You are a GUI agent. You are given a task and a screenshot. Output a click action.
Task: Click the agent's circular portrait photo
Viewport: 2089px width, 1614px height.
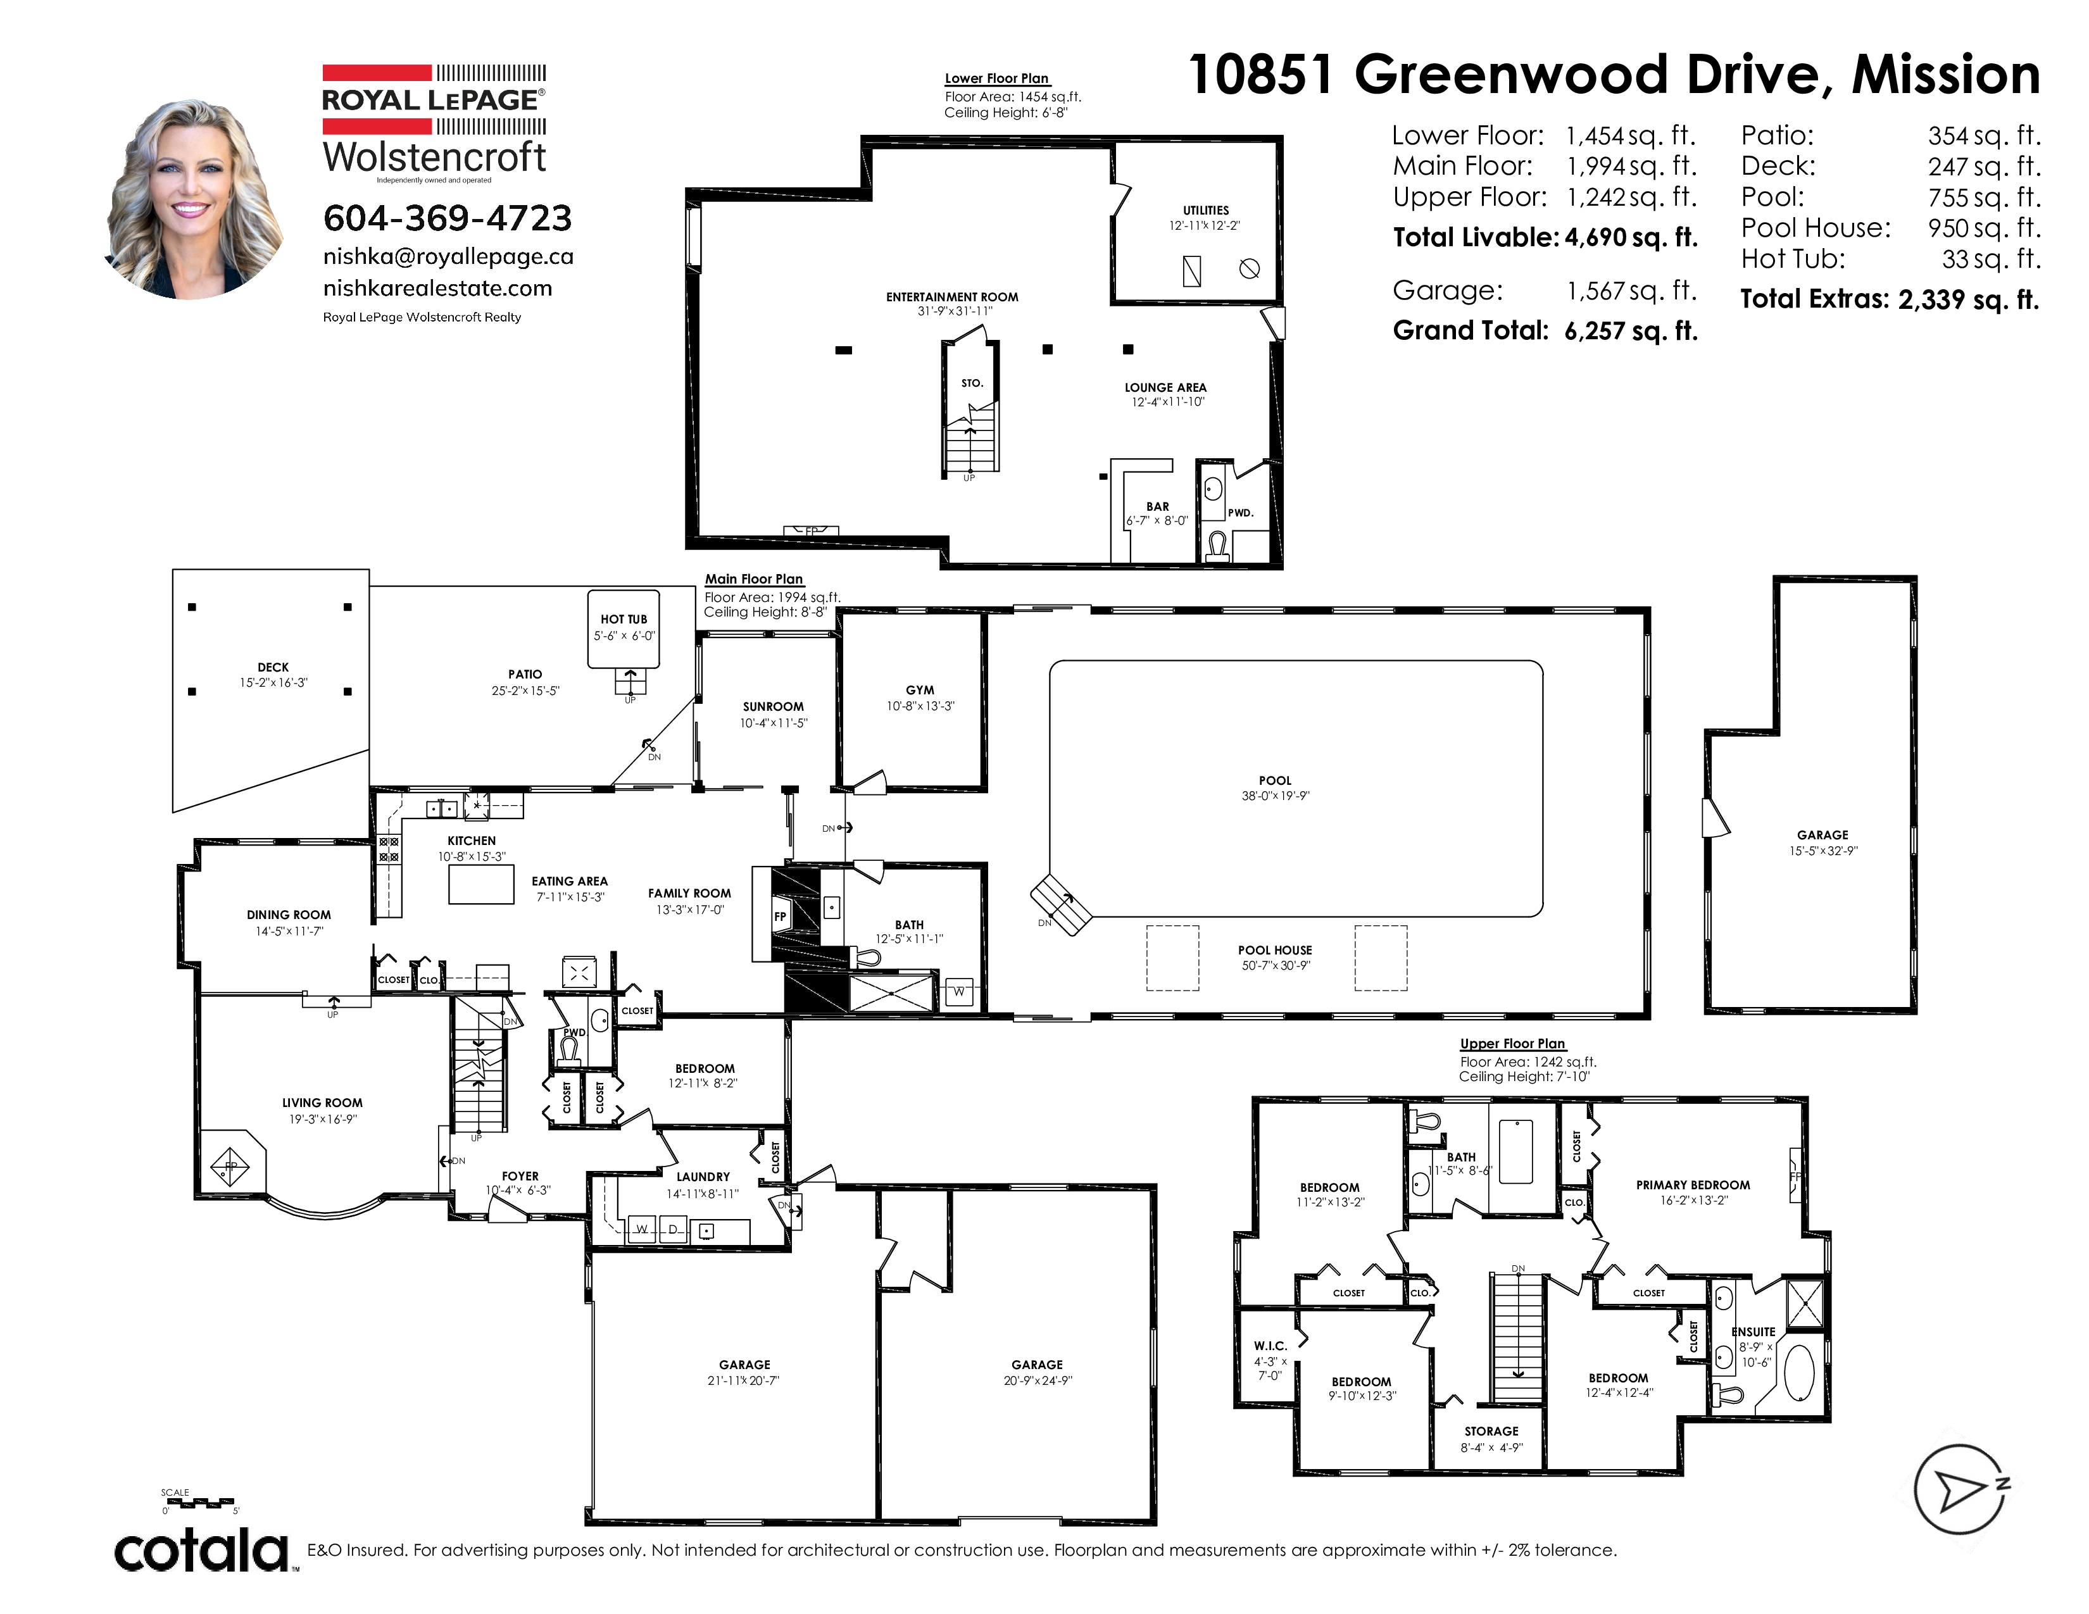click(193, 200)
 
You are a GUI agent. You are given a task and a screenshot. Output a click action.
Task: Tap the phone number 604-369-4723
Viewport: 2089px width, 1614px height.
click(448, 218)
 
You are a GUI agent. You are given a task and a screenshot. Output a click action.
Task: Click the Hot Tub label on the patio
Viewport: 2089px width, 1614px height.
click(624, 618)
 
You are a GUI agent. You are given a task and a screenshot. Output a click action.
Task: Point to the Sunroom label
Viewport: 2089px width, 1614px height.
click(773, 706)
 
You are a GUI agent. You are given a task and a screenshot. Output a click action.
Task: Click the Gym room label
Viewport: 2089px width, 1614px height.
click(920, 689)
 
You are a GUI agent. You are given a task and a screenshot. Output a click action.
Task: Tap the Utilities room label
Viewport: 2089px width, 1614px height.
click(1205, 210)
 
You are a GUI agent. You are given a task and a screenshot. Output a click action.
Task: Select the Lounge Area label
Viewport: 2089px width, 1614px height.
click(1165, 387)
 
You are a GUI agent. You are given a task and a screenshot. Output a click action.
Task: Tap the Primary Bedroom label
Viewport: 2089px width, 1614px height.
click(1693, 1185)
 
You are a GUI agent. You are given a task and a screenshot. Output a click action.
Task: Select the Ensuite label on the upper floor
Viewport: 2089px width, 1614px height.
click(1753, 1332)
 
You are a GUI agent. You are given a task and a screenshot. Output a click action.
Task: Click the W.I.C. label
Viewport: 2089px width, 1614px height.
click(1270, 1346)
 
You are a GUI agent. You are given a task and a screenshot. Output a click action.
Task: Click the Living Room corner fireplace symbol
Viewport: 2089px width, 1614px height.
click(230, 1165)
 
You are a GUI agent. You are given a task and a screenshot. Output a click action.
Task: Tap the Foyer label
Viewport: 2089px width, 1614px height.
click(520, 1176)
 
